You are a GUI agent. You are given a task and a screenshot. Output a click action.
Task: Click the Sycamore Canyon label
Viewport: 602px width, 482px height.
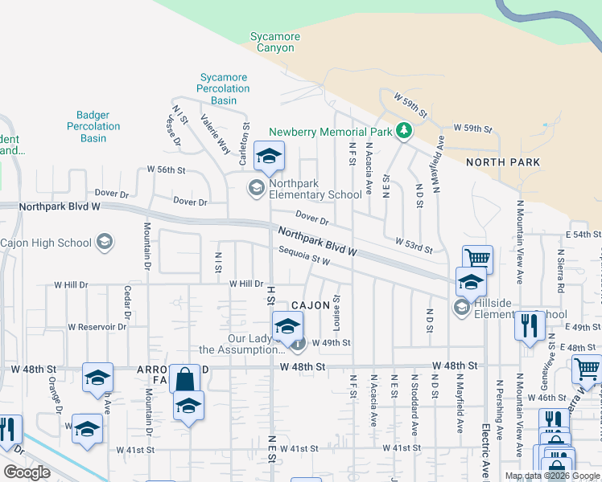[274, 42]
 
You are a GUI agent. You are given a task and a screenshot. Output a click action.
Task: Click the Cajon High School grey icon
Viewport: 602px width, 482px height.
[104, 242]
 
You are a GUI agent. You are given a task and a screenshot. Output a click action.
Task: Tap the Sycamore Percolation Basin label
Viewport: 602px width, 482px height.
[225, 88]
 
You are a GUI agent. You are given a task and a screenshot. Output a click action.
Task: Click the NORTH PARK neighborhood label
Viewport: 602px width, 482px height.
[503, 162]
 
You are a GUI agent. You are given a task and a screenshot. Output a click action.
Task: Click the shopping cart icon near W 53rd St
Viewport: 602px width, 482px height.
[477, 259]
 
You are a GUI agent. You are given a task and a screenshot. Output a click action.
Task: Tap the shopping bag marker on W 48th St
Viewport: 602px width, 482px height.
[185, 378]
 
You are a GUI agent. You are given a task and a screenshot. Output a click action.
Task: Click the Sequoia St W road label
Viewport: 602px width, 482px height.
[304, 256]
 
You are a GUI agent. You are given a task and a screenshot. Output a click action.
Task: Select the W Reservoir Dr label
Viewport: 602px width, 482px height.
[97, 327]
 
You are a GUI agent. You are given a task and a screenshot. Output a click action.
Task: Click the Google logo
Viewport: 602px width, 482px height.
[27, 472]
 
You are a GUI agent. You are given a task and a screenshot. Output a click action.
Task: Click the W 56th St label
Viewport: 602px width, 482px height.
[166, 170]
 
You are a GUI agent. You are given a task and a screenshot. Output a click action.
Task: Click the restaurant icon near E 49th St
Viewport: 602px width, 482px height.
[530, 326]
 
